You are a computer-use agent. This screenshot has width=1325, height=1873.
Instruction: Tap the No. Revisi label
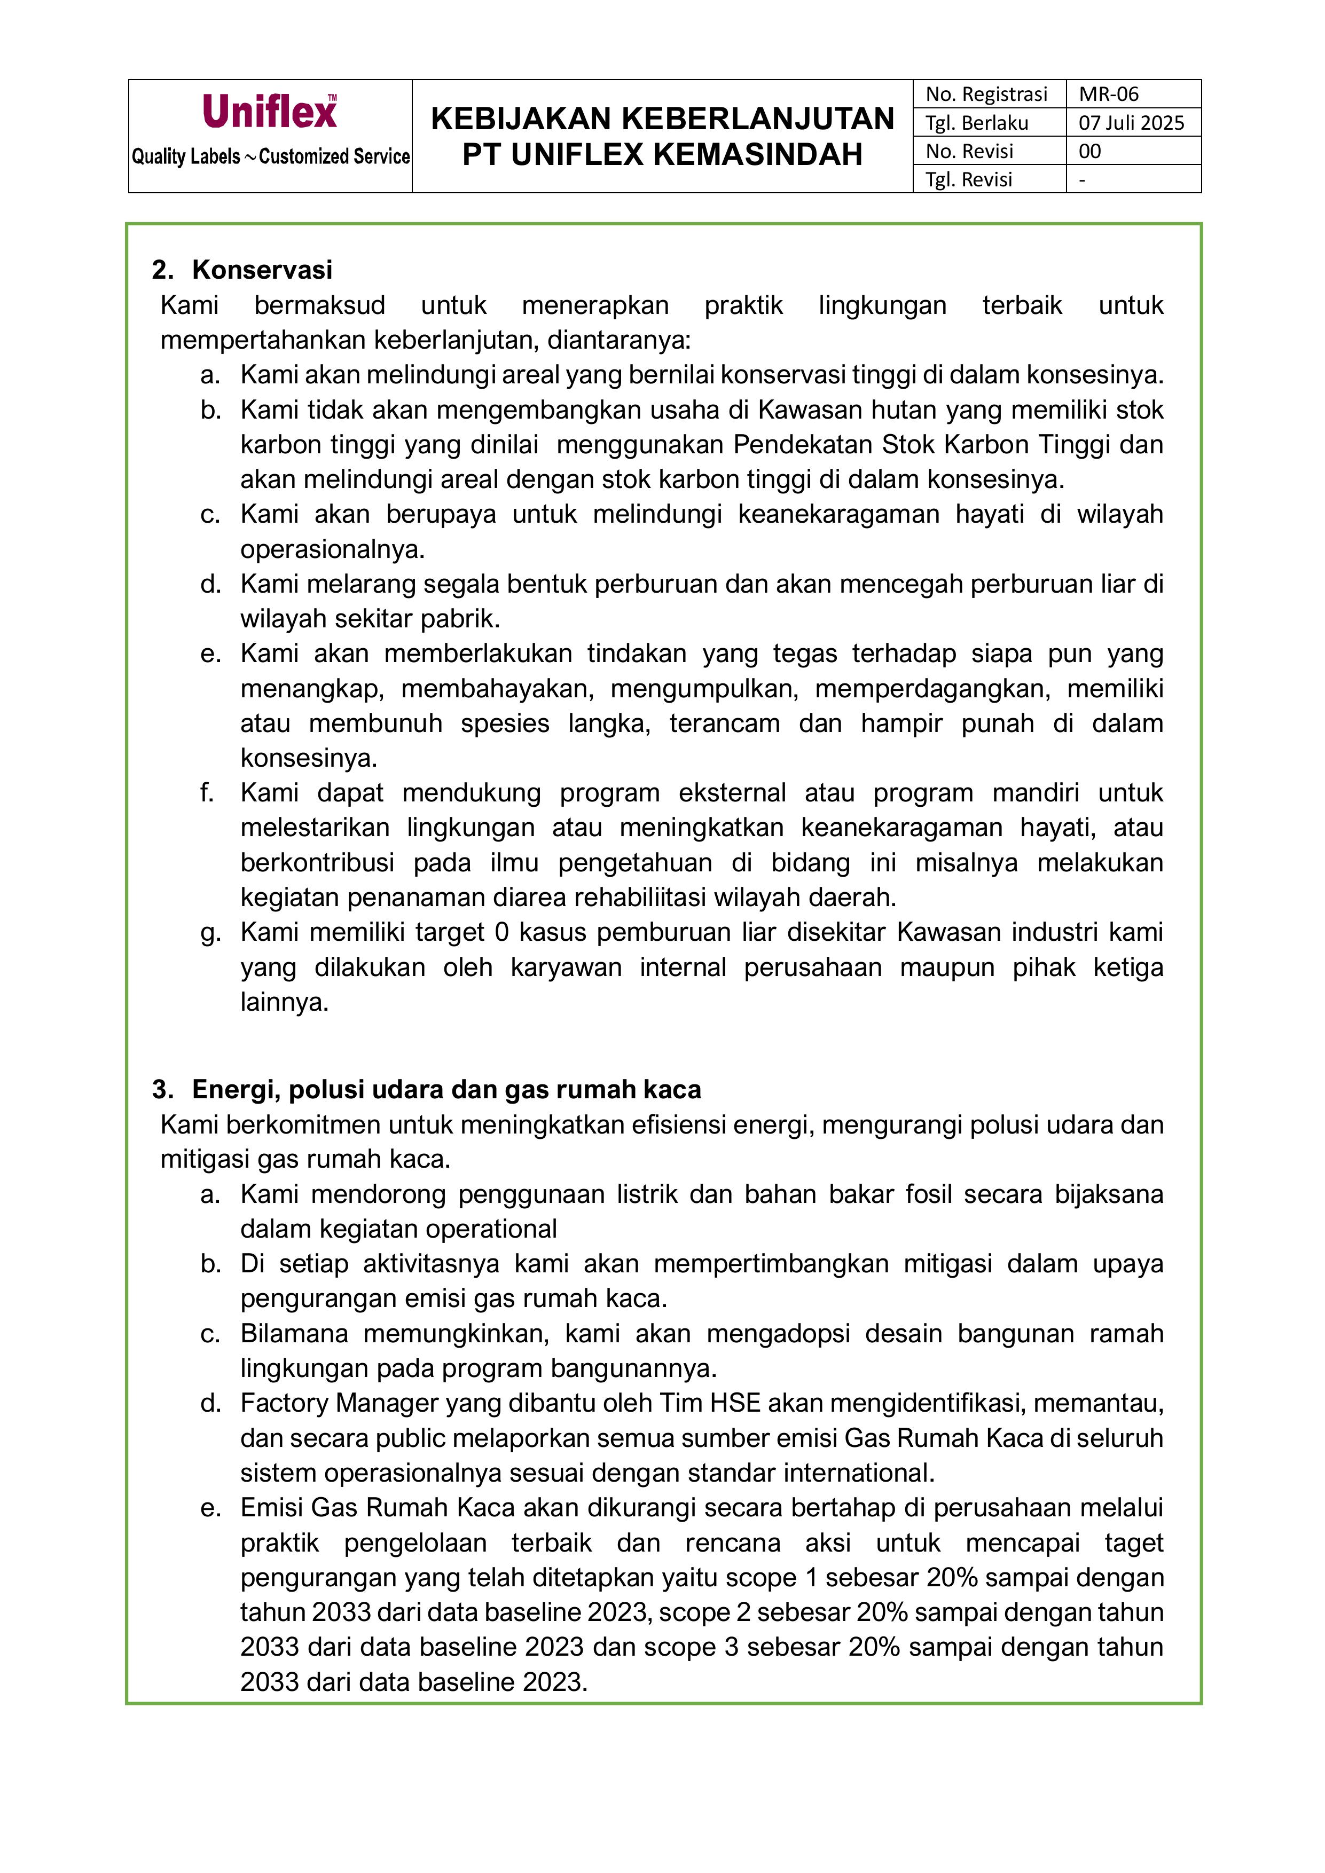pyautogui.click(x=969, y=151)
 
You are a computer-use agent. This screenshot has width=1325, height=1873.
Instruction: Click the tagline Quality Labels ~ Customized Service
pyautogui.click(x=271, y=156)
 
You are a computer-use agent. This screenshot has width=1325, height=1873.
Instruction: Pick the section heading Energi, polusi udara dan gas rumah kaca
pyautogui.click(x=446, y=1089)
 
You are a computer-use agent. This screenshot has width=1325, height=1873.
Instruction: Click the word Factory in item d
pyautogui.click(x=284, y=1403)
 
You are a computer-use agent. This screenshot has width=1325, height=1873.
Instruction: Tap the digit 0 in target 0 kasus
pyautogui.click(x=502, y=932)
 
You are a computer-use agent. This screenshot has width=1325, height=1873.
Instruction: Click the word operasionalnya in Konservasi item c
pyautogui.click(x=332, y=549)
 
